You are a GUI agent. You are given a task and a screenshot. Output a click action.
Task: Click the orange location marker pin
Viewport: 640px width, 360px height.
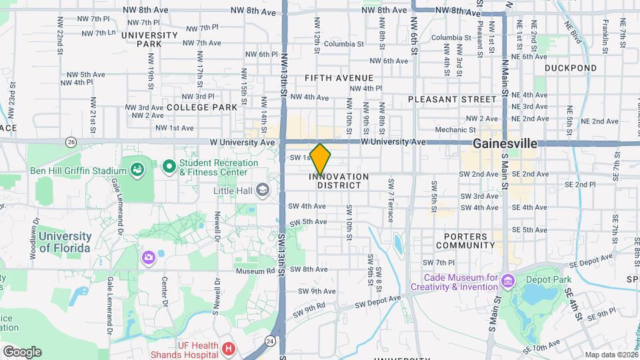(x=320, y=159)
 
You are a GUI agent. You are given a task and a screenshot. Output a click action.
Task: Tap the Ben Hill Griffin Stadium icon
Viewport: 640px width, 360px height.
(x=137, y=170)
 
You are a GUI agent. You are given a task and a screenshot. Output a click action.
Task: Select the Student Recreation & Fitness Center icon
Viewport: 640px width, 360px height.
(x=169, y=165)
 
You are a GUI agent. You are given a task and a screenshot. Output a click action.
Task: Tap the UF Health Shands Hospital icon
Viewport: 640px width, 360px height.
(x=229, y=348)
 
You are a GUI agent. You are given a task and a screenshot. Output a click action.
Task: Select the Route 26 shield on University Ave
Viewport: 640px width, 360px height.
(x=71, y=142)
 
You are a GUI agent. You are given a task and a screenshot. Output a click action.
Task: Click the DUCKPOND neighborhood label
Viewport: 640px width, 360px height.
(x=570, y=68)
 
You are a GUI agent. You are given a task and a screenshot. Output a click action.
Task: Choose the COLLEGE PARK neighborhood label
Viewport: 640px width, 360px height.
(x=201, y=107)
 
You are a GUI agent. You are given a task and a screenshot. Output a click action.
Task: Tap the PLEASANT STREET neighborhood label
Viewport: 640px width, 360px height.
(x=453, y=99)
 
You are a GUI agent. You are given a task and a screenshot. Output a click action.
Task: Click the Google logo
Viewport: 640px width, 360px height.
(x=22, y=351)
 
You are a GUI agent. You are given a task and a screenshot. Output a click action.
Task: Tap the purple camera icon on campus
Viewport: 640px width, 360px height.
(x=147, y=257)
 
